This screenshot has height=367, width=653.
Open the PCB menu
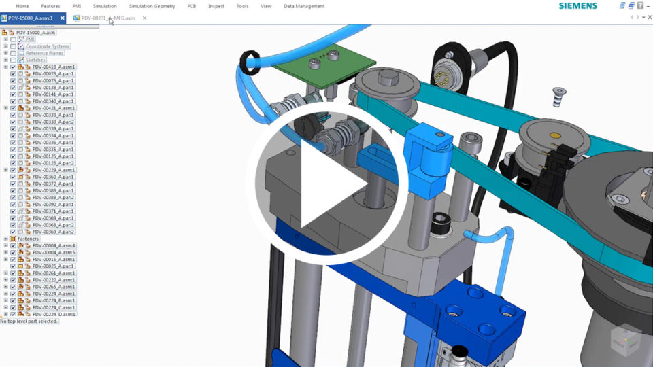click(x=192, y=6)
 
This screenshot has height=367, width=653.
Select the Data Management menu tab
click(x=304, y=6)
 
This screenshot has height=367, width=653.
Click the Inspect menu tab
click(x=216, y=6)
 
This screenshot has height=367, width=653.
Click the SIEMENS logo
click(x=577, y=6)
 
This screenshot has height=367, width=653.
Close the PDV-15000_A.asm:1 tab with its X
click(x=63, y=18)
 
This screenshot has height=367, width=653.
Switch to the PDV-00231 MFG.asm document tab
click(x=109, y=18)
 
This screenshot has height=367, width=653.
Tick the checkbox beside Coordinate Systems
click(x=13, y=46)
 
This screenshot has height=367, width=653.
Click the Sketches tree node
click(x=35, y=60)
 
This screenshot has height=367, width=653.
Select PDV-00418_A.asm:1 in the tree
click(x=54, y=67)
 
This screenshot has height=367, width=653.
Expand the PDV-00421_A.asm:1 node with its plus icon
click(x=5, y=108)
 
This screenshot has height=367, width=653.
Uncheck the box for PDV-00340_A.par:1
click(x=13, y=101)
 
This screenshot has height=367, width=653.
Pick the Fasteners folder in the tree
click(x=29, y=239)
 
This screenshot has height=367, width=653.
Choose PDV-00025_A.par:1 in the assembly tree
click(x=53, y=266)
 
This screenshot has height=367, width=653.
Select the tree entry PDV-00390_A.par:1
click(x=53, y=204)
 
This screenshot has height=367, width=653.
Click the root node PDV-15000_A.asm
click(x=35, y=32)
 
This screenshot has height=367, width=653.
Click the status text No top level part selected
click(x=29, y=321)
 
